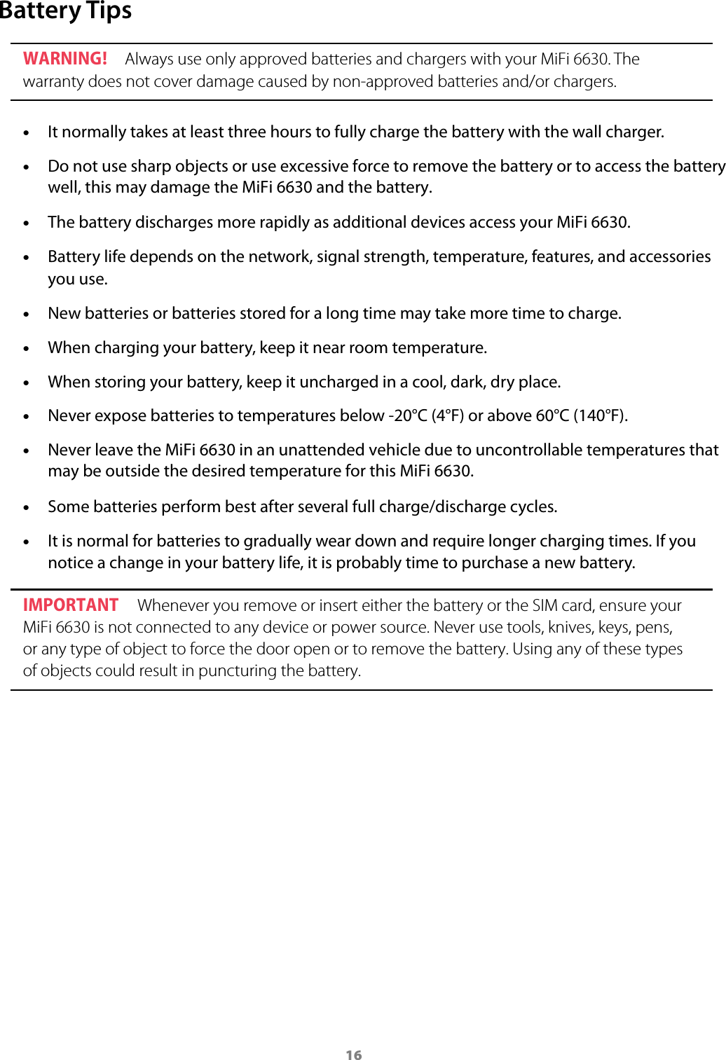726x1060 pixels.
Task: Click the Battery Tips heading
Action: click(66, 12)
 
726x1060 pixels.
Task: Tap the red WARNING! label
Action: click(65, 59)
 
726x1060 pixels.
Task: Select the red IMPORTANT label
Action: click(71, 605)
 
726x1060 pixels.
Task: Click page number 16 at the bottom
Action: click(354, 1055)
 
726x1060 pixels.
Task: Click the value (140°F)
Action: click(600, 416)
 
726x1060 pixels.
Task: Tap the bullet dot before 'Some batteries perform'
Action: click(27, 508)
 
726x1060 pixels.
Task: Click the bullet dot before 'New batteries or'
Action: click(27, 315)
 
